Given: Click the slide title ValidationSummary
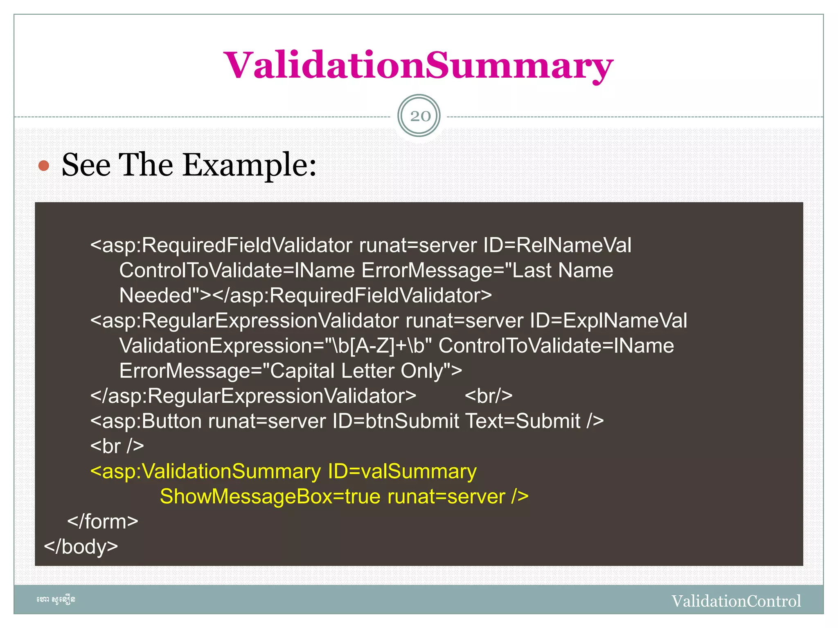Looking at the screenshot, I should (x=418, y=65).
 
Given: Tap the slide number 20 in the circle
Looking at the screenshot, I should (x=420, y=116).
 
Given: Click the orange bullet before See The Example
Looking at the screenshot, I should (x=44, y=166).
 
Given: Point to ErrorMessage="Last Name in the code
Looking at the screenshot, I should (x=487, y=271).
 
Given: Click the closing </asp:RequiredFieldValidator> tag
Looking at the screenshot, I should (x=352, y=296).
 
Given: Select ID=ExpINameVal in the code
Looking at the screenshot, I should (x=608, y=321).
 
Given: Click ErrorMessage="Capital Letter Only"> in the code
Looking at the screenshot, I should (x=291, y=371).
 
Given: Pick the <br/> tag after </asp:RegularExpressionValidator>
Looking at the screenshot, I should (x=489, y=396).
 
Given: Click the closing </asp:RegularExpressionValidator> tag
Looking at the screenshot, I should (x=253, y=396).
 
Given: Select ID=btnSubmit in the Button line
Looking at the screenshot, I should (x=396, y=422).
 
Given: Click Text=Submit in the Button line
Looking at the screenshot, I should (x=523, y=422).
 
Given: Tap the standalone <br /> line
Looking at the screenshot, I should (x=117, y=446).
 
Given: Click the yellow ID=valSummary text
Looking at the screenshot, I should (x=402, y=472).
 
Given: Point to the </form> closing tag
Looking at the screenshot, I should (x=103, y=522).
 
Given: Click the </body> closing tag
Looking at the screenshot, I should (x=81, y=547).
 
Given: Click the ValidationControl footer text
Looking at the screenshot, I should (x=736, y=601).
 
